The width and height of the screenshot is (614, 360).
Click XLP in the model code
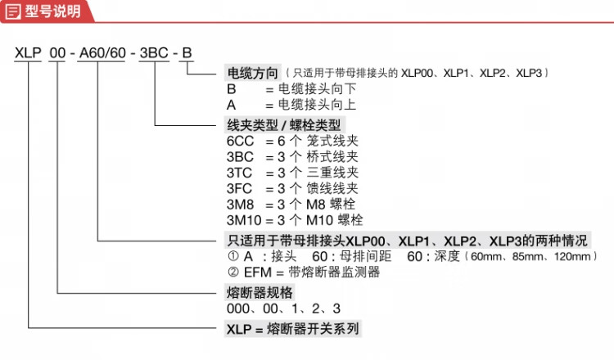[28, 55]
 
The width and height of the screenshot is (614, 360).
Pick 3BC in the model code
[154, 55]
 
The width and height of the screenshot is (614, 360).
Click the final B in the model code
[187, 55]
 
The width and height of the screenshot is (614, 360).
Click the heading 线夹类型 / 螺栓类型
[283, 124]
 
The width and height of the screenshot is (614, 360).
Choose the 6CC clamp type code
[241, 140]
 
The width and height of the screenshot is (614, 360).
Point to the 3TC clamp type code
[241, 172]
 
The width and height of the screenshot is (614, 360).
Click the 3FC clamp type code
[241, 188]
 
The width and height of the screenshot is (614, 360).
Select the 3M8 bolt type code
[241, 204]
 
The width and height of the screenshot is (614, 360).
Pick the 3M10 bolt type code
[244, 220]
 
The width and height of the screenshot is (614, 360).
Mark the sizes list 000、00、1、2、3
[283, 308]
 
